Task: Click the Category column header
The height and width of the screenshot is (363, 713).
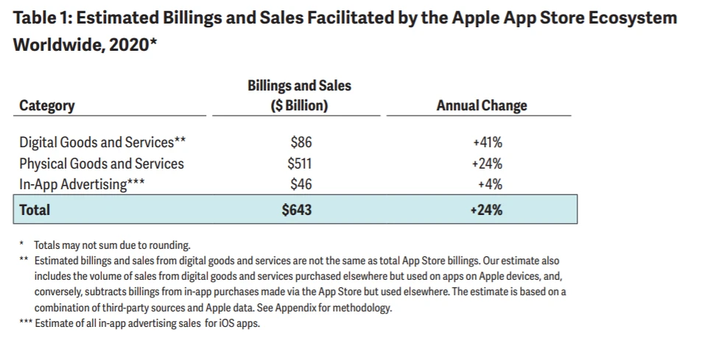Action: pyautogui.click(x=47, y=106)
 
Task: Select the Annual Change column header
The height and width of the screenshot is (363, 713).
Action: pyautogui.click(x=482, y=106)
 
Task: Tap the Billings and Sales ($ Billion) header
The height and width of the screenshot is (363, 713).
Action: pyautogui.click(x=299, y=96)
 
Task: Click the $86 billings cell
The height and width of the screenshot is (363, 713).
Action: pyautogui.click(x=301, y=143)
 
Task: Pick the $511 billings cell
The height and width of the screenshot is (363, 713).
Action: pyautogui.click(x=299, y=163)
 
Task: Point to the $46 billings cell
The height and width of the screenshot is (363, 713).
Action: pyautogui.click(x=301, y=184)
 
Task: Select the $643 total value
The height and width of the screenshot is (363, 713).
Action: pyautogui.click(x=297, y=210)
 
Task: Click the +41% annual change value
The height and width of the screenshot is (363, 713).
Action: pyautogui.click(x=487, y=143)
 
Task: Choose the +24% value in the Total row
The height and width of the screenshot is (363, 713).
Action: pyautogui.click(x=486, y=210)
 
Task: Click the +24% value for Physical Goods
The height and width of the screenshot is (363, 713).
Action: pyautogui.click(x=487, y=163)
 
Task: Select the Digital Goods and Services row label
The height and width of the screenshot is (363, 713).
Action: pyautogui.click(x=102, y=143)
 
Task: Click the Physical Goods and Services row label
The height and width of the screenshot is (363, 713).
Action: pyautogui.click(x=102, y=163)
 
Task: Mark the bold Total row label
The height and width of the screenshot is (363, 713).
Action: pyautogui.click(x=35, y=210)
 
